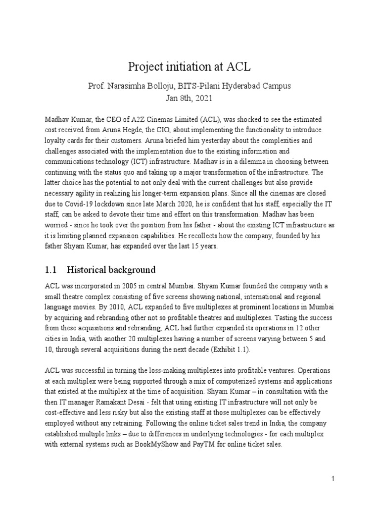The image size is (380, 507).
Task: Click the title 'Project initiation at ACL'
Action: click(x=190, y=67)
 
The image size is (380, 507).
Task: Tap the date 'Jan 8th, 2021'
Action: click(x=190, y=98)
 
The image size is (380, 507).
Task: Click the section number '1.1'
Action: click(x=51, y=270)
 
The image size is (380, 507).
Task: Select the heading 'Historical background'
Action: click(x=111, y=270)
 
